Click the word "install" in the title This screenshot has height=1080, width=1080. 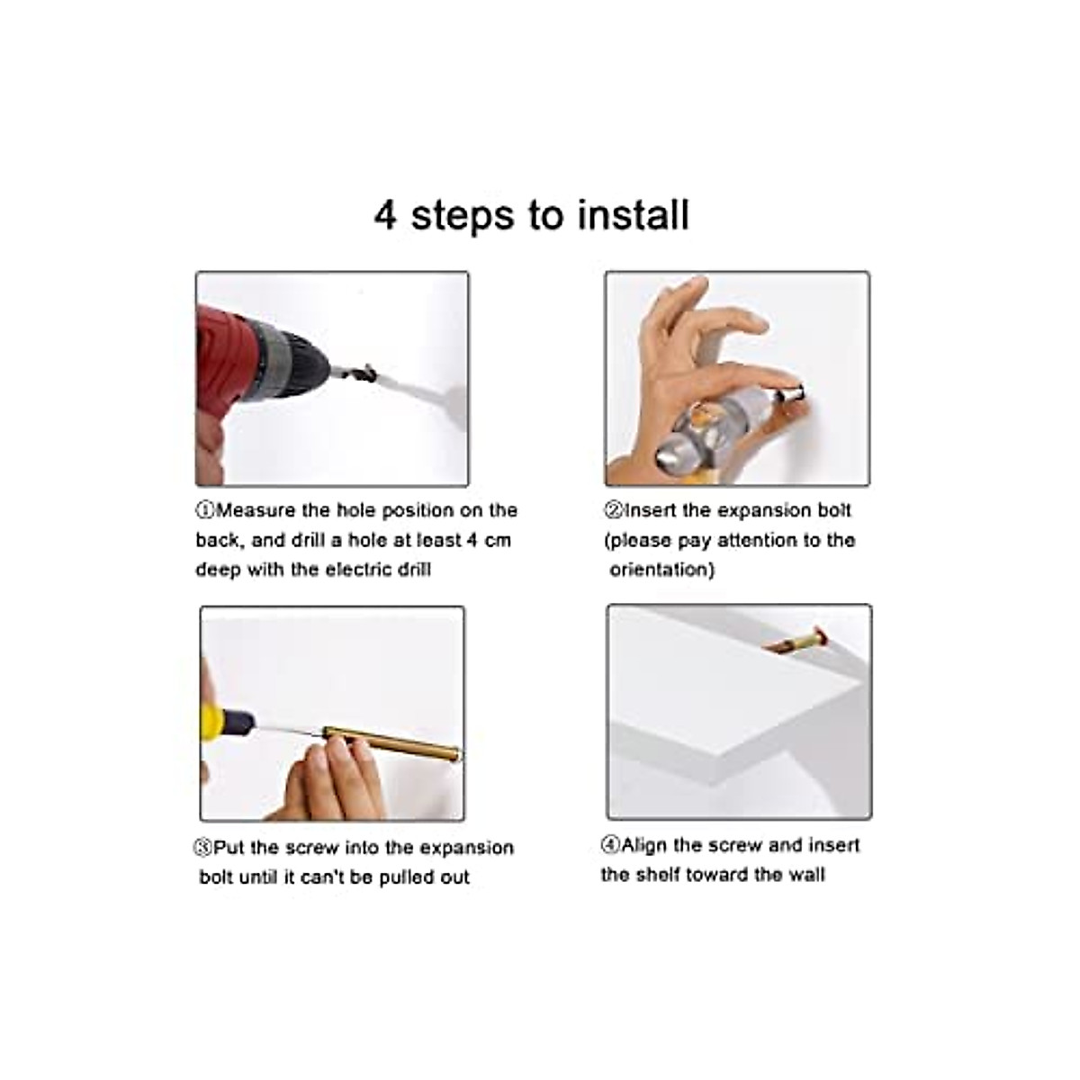tap(634, 215)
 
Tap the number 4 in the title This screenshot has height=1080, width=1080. tap(385, 215)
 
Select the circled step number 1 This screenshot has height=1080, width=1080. tap(205, 510)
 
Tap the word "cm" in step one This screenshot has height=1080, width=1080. tap(498, 540)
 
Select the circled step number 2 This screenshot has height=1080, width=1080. tap(613, 510)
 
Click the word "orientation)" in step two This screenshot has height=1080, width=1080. tap(661, 570)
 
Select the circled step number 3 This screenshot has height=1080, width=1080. tap(202, 848)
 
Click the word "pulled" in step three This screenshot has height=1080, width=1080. tap(406, 878)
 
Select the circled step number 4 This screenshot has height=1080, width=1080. tap(610, 844)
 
